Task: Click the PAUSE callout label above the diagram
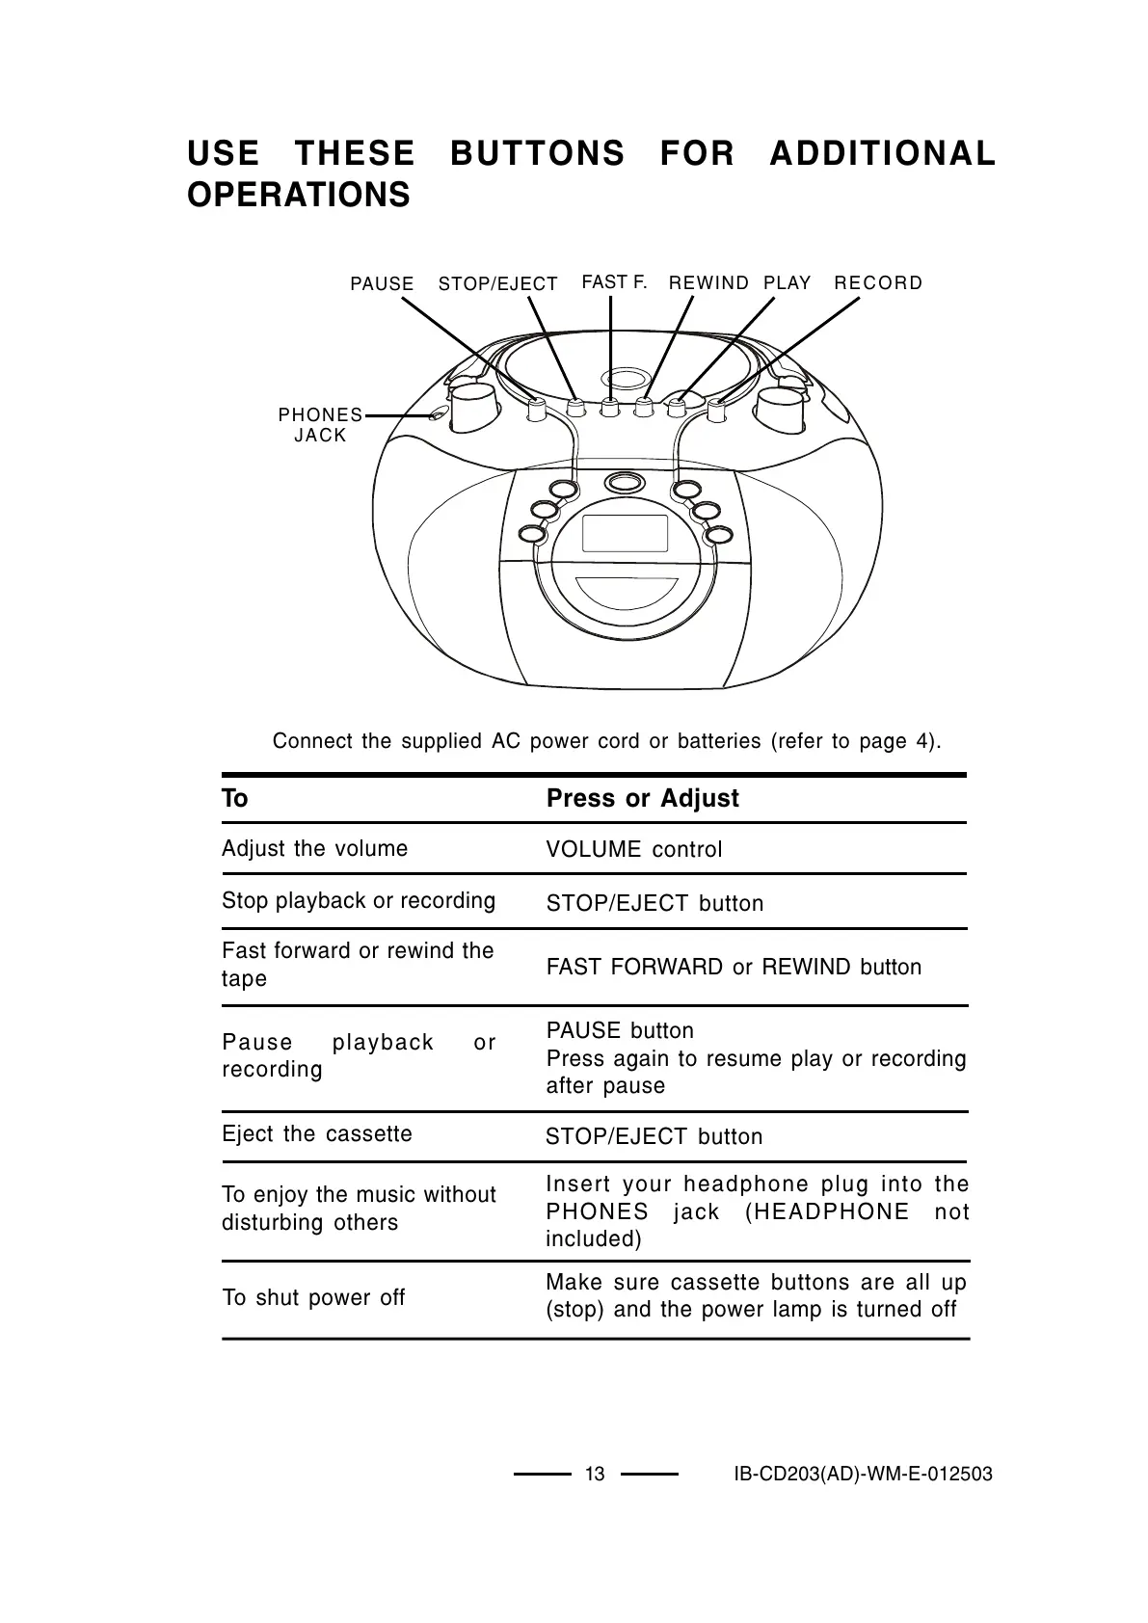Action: pos(382,284)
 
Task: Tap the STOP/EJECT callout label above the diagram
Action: pos(497,284)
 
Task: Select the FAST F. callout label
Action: pos(614,282)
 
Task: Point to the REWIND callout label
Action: pos(708,283)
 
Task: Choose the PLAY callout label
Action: pos(788,283)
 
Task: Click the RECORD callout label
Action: pos(878,283)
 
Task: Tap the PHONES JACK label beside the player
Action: pos(320,425)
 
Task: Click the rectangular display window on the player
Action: pos(625,534)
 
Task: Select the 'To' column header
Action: pos(235,799)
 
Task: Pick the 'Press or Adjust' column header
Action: pos(642,799)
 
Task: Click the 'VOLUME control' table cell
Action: pos(633,850)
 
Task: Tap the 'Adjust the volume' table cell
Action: pos(314,849)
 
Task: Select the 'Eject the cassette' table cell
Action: pos(316,1134)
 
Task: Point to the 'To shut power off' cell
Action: pos(313,1298)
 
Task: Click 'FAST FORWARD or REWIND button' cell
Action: pos(734,968)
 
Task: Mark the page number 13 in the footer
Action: pos(595,1475)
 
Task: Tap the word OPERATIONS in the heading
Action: pos(299,195)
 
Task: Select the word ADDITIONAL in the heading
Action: pos(882,154)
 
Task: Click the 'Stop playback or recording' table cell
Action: pos(359,901)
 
